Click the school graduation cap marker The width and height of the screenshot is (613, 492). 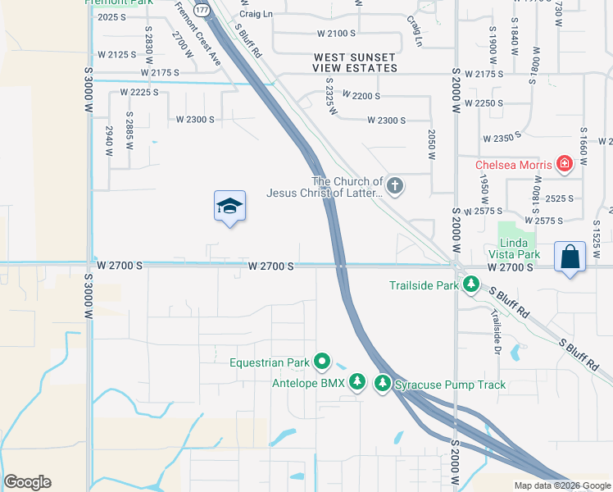229,208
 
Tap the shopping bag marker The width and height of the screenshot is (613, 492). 570,258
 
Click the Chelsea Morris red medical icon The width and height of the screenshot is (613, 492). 564,165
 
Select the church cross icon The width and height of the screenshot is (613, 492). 395,186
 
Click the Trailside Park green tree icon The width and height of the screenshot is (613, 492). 471,285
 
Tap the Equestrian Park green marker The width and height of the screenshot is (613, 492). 323,361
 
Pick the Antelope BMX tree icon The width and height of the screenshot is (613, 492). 356,383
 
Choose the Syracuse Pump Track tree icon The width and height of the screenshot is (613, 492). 383,383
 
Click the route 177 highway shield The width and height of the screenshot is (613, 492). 202,8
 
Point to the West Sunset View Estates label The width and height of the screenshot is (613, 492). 355,62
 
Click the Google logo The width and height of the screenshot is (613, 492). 27,481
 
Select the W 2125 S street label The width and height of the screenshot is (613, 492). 116,54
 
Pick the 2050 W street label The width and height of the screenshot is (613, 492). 431,143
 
